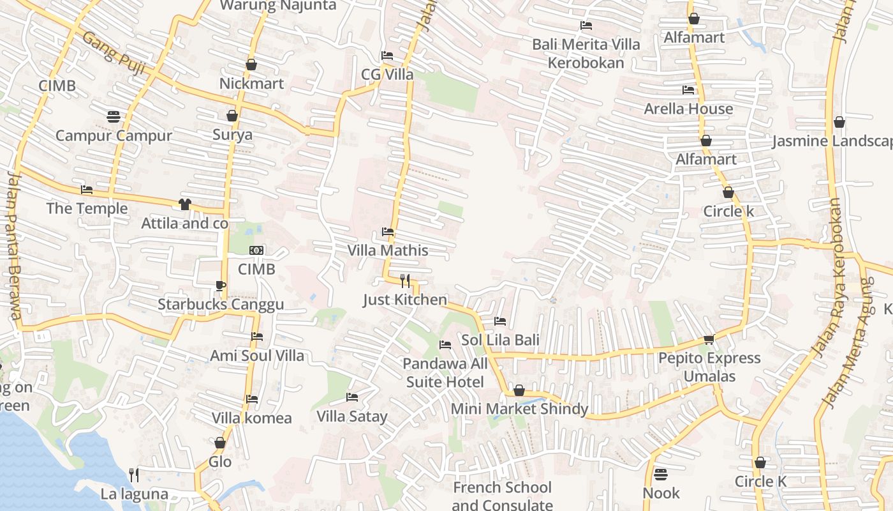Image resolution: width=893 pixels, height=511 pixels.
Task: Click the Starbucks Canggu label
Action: pyautogui.click(x=221, y=305)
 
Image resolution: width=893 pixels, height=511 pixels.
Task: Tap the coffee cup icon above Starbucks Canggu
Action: pyautogui.click(x=221, y=286)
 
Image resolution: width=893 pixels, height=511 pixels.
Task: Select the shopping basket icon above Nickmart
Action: pyautogui.click(x=251, y=65)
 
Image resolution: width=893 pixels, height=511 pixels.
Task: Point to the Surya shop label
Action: pyautogui.click(x=232, y=135)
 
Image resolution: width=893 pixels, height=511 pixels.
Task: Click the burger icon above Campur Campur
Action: pyautogui.click(x=114, y=117)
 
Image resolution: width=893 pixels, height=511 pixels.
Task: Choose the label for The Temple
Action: pyautogui.click(x=87, y=209)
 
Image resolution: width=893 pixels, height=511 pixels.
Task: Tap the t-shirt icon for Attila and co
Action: pyautogui.click(x=184, y=204)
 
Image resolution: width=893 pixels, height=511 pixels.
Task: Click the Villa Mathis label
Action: pyautogui.click(x=388, y=250)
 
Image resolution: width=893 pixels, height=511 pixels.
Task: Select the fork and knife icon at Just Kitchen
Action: pyautogui.click(x=404, y=280)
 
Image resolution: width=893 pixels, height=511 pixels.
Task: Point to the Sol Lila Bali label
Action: pyautogui.click(x=500, y=340)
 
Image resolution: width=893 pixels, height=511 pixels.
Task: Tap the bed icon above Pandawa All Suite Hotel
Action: pyautogui.click(x=445, y=345)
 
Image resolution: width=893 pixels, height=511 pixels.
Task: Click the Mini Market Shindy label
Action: pyautogui.click(x=519, y=409)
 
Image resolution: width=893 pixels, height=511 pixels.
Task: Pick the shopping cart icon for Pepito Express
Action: pyautogui.click(x=709, y=339)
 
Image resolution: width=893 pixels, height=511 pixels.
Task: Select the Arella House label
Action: pyautogui.click(x=688, y=109)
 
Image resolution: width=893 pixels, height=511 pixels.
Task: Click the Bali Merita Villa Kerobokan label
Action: pyautogui.click(x=586, y=54)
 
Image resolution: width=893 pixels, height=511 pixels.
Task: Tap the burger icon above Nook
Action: pyautogui.click(x=661, y=475)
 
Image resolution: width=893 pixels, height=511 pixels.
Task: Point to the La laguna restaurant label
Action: pyautogui.click(x=134, y=494)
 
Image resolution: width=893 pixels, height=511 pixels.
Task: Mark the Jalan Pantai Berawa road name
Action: pyautogui.click(x=13, y=246)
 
